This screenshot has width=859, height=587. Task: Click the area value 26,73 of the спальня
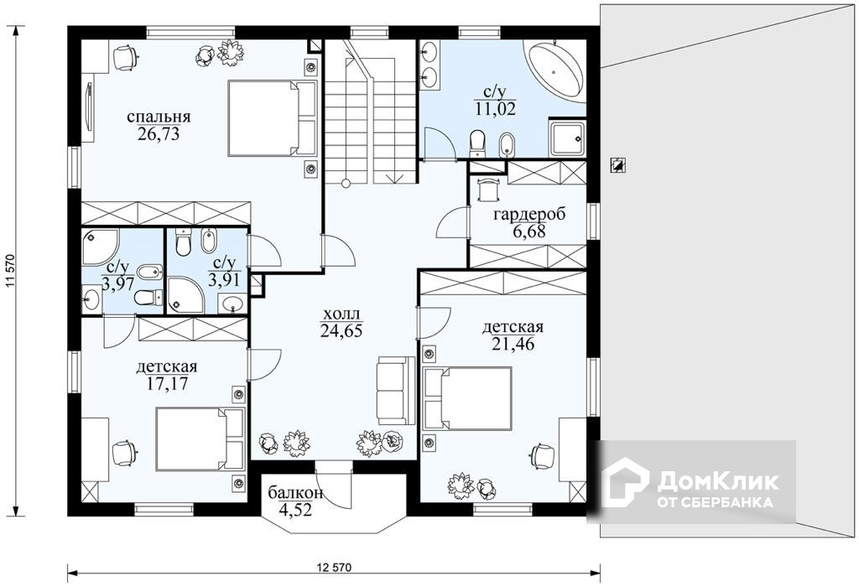tap(159, 134)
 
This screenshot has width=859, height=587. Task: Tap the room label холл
tap(341, 314)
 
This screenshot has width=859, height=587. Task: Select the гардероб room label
tap(529, 215)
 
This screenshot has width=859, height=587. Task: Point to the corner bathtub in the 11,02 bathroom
tap(554, 72)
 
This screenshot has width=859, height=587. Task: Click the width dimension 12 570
tap(334, 567)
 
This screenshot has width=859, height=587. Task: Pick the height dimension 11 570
tap(9, 271)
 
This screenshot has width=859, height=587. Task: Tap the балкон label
tap(295, 493)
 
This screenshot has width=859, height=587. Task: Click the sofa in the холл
tap(396, 390)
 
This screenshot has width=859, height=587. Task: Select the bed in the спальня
tap(273, 118)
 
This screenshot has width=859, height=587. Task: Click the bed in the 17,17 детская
tap(200, 439)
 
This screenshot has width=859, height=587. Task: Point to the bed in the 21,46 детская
tap(468, 398)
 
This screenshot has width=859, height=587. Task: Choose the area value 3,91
tap(224, 280)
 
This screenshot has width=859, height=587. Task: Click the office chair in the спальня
tap(126, 58)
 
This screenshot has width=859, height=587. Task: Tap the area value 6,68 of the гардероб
tap(529, 231)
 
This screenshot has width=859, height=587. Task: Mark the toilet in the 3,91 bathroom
tap(183, 242)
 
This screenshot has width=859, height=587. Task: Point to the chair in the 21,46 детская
tap(543, 455)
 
